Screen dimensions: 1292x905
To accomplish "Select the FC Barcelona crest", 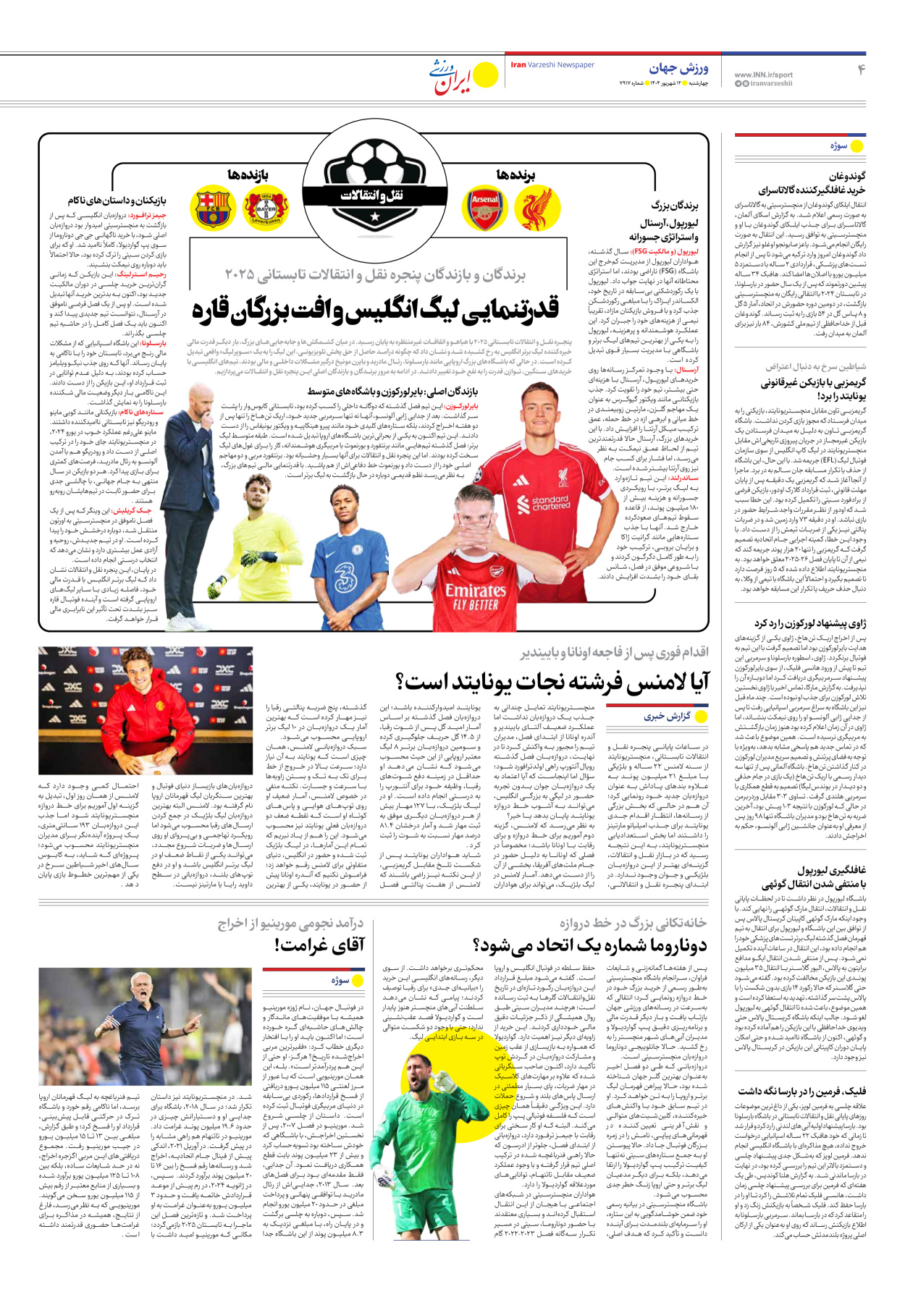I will pos(212,208).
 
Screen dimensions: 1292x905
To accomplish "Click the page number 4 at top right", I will pos(862,69).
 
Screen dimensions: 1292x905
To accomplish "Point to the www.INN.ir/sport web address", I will pos(763,75).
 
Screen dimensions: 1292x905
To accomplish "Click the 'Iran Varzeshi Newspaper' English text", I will pos(552,65).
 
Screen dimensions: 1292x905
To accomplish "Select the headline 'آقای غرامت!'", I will pos(319,945).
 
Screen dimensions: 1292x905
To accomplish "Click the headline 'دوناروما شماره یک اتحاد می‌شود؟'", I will pos(589,945).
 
